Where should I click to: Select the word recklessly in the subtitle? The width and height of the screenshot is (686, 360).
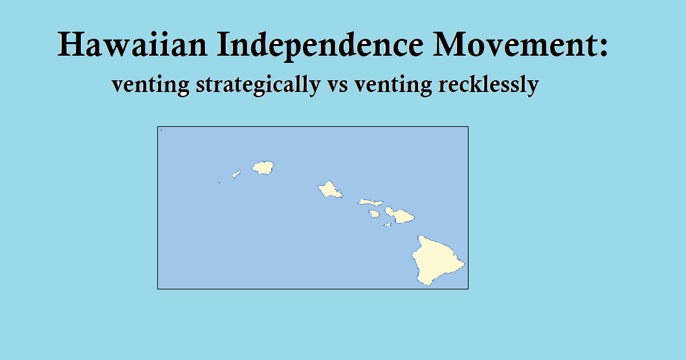(x=488, y=85)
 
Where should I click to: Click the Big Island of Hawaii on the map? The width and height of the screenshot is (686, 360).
(x=437, y=260)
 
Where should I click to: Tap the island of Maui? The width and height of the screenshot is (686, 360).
(x=399, y=214)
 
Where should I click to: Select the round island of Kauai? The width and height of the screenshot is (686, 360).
(x=263, y=168)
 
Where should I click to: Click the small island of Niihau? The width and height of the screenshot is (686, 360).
(x=237, y=174)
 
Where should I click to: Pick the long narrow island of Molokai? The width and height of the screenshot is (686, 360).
(x=371, y=203)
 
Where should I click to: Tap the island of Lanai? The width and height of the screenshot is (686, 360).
(x=375, y=214)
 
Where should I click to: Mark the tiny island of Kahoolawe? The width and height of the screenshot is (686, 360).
(x=388, y=225)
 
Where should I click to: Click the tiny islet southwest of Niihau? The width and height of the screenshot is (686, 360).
(x=219, y=183)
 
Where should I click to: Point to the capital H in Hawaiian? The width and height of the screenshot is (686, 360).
(x=71, y=45)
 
